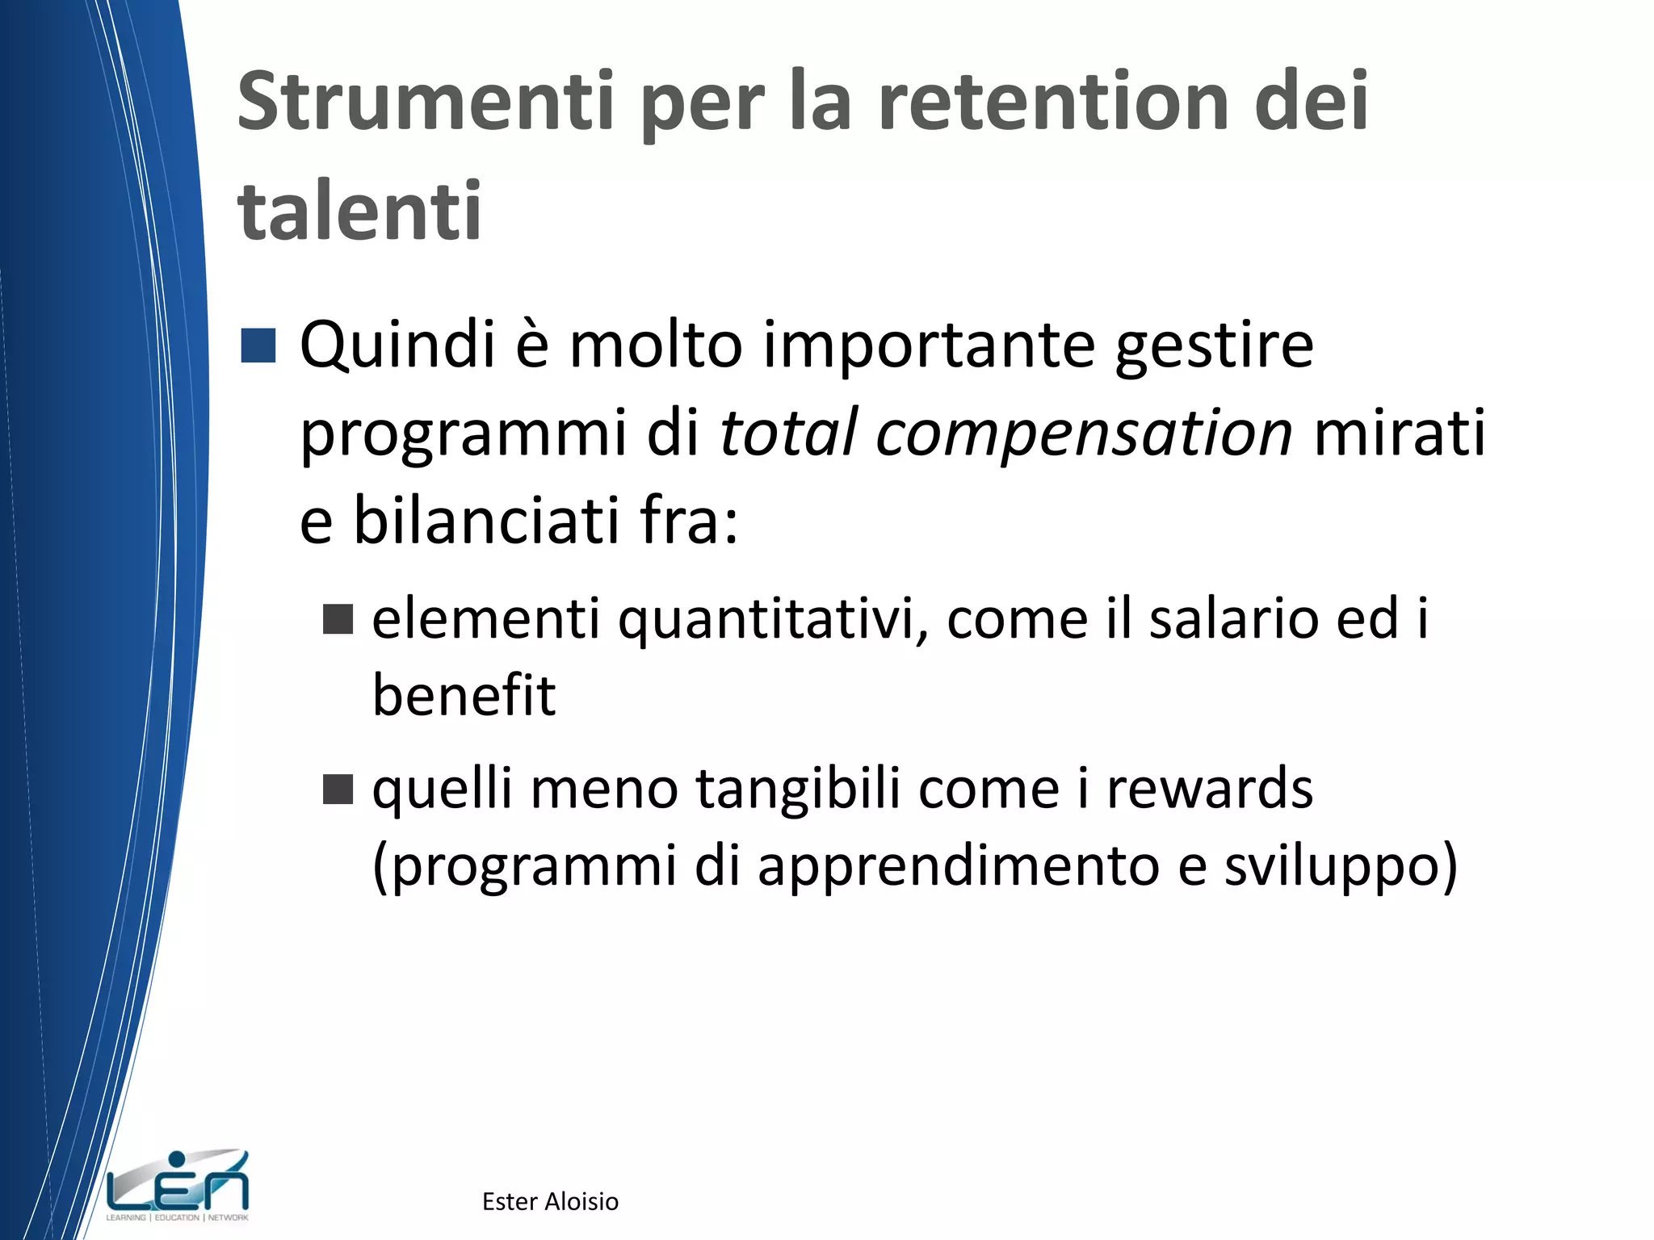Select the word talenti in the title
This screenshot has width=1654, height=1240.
tap(359, 212)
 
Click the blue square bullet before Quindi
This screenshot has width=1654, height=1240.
tap(258, 346)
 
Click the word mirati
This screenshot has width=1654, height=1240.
tap(1400, 433)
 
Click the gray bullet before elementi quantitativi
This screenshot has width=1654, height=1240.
tap(338, 619)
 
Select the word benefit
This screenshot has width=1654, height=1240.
tap(464, 695)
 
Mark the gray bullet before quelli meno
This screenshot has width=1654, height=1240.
tap(338, 790)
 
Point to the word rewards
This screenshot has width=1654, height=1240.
tap(1209, 790)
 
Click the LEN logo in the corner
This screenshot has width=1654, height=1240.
tap(178, 1185)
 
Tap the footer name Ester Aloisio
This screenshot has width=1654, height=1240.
tap(550, 1201)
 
